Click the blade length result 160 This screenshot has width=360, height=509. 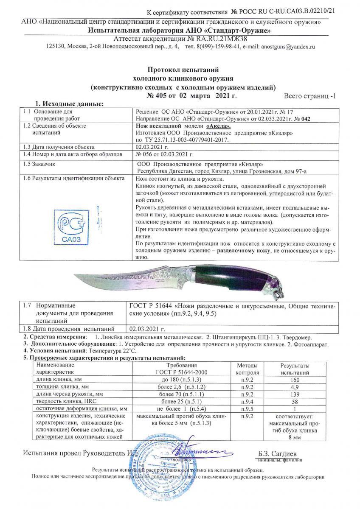coord(295,380)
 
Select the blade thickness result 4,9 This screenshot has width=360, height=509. coord(295,387)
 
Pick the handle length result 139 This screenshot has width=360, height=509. coord(295,394)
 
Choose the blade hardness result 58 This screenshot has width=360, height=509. coord(295,401)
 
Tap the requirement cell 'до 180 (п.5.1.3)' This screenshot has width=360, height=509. coord(186,380)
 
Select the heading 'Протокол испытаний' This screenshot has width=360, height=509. coord(183,69)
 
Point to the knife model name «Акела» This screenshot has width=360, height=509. coord(219,126)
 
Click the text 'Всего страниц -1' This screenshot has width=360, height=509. coord(309,96)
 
